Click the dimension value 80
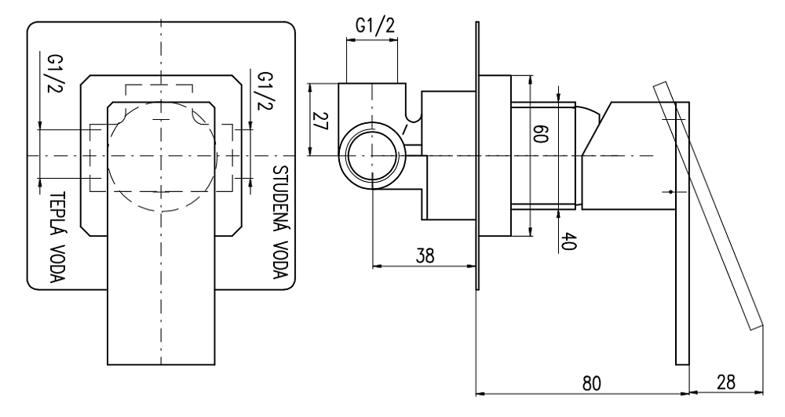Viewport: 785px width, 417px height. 592,384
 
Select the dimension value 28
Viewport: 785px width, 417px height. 727,384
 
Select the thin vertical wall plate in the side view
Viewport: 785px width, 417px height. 476,157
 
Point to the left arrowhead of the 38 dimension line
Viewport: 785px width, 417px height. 375,265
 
